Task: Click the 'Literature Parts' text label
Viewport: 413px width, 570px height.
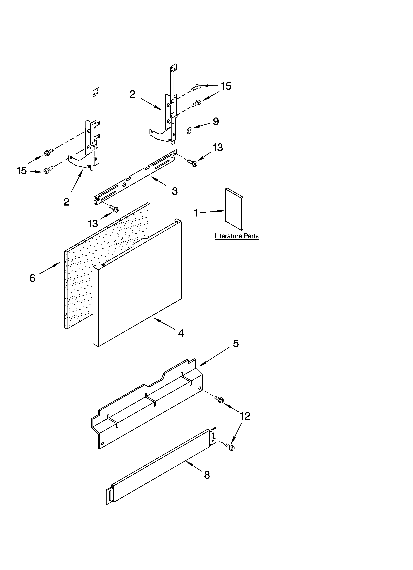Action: click(236, 236)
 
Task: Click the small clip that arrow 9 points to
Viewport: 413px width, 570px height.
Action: click(189, 130)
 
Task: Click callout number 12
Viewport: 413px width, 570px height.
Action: click(245, 416)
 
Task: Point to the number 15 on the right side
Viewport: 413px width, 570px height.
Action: click(226, 86)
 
